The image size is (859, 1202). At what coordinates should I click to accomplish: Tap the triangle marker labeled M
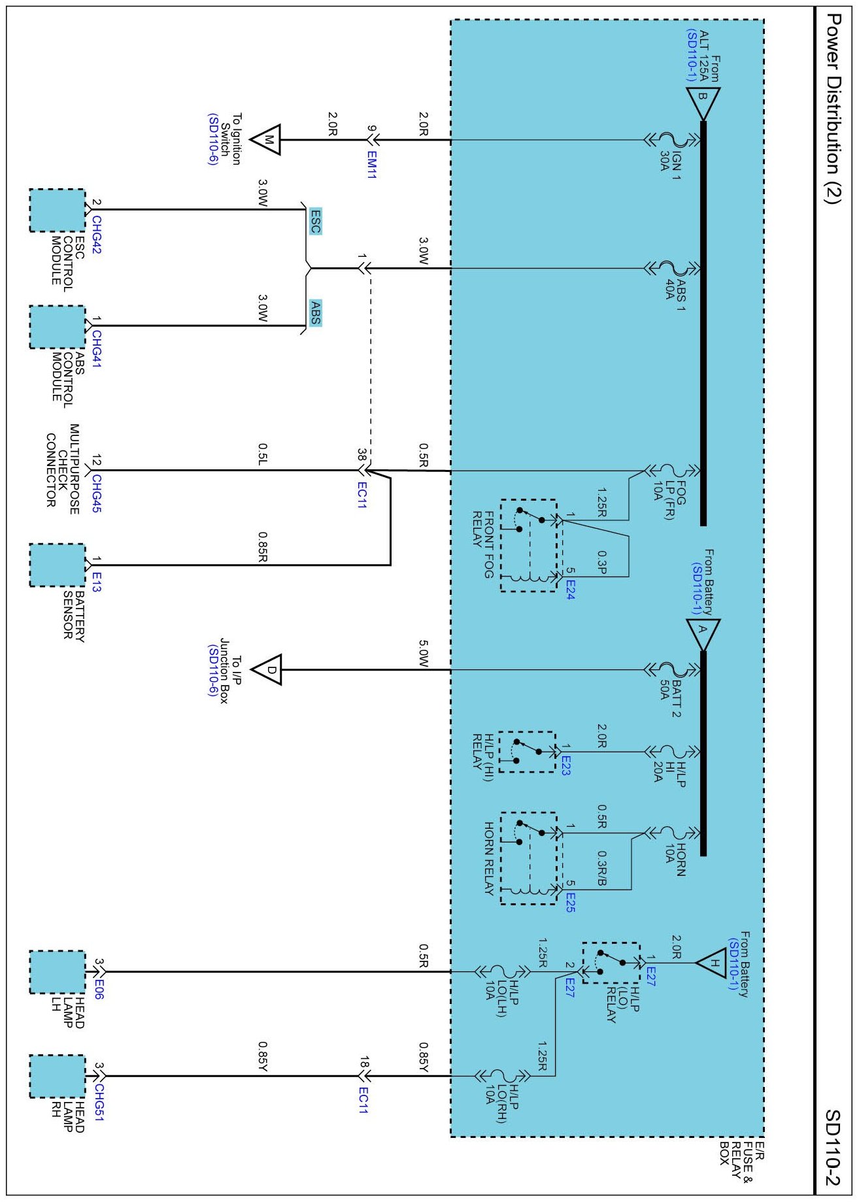[267, 140]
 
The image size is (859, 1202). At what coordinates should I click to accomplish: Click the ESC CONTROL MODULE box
[58, 210]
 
